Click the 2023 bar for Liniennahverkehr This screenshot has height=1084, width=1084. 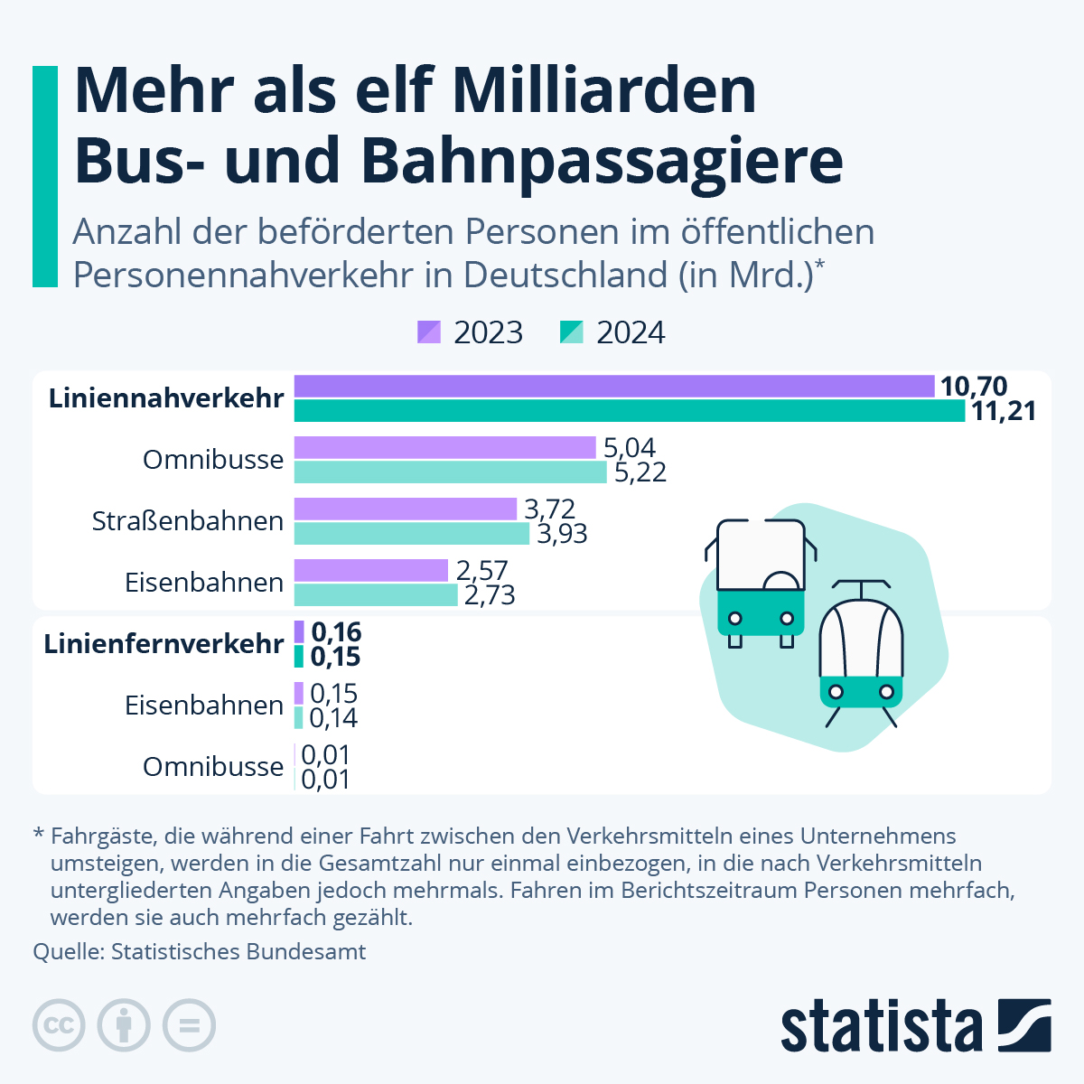[614, 387]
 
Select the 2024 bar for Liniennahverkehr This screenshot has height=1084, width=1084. [630, 411]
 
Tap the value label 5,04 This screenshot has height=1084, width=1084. [630, 448]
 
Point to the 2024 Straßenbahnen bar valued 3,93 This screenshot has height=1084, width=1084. [412, 534]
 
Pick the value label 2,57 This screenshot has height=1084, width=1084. [481, 571]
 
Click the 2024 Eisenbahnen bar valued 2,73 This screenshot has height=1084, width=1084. [376, 595]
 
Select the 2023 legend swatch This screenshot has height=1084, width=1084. [429, 332]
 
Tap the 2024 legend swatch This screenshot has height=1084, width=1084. [572, 332]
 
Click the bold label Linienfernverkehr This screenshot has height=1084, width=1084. [164, 644]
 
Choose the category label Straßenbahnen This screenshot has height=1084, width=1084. [188, 521]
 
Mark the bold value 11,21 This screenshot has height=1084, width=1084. [1004, 412]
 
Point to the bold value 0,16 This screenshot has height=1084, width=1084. [336, 632]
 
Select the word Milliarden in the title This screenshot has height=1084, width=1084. [604, 90]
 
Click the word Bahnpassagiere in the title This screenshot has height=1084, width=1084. [603, 160]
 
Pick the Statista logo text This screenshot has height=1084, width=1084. [882, 1026]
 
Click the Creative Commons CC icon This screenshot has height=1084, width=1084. [59, 1025]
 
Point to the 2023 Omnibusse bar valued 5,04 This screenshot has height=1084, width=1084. [445, 448]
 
